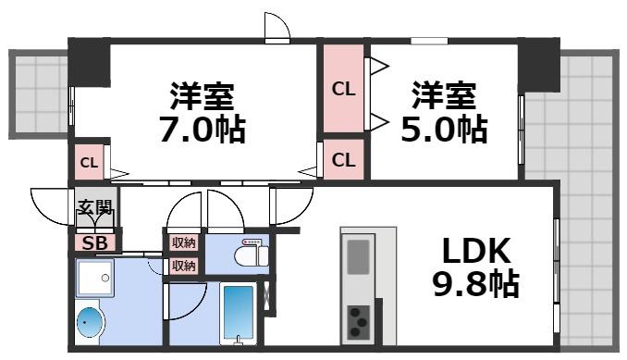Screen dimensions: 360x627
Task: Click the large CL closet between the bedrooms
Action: click(x=343, y=89)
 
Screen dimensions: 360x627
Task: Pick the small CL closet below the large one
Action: click(x=343, y=159)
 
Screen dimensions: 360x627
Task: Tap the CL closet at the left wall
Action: click(x=89, y=164)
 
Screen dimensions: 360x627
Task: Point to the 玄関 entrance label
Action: click(x=93, y=208)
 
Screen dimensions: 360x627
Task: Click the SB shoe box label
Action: click(x=93, y=242)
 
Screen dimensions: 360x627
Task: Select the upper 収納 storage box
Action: click(x=183, y=242)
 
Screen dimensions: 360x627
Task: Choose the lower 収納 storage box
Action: click(x=183, y=266)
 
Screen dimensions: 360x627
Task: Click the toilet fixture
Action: click(x=251, y=253)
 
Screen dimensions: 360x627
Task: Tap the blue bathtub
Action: click(x=238, y=315)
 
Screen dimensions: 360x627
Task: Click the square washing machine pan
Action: click(x=96, y=277)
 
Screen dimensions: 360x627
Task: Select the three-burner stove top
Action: click(x=358, y=322)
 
